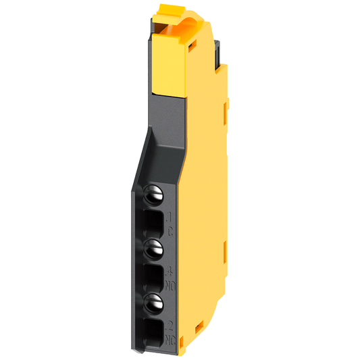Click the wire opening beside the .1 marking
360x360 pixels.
(x=153, y=222)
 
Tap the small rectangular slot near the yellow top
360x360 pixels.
(x=192, y=47)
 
